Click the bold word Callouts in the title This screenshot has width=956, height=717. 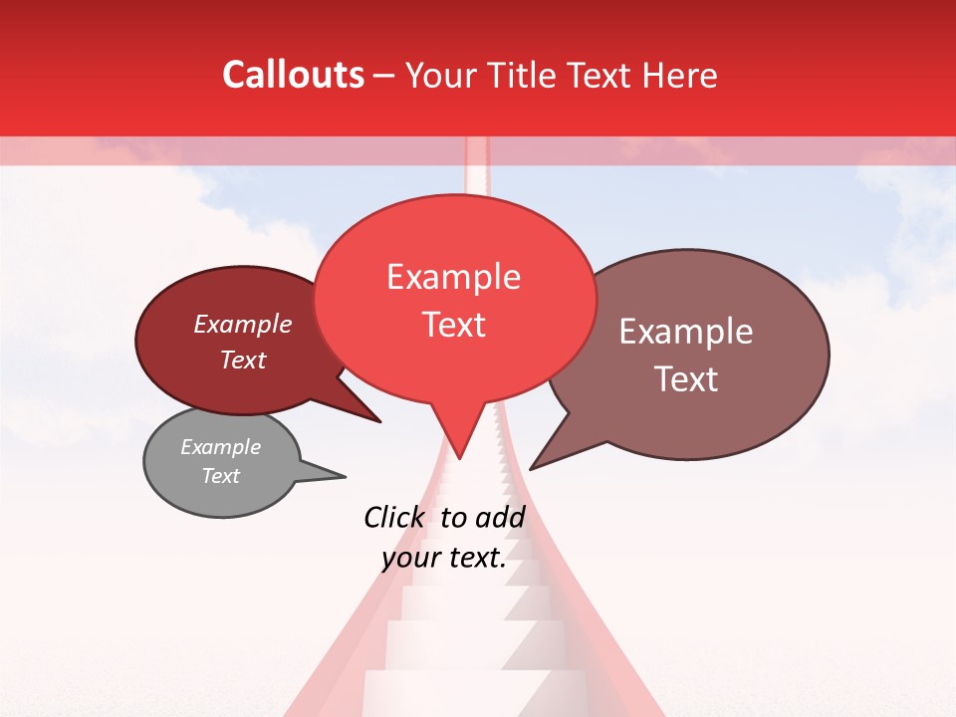293,75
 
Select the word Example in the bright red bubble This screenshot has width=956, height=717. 453,277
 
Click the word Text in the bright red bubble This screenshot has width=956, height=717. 453,325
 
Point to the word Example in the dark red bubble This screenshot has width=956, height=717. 243,324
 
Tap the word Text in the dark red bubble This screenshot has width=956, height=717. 243,359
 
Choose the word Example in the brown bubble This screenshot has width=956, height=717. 686,332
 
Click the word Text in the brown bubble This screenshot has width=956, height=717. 686,379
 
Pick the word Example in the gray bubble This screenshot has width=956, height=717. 220,447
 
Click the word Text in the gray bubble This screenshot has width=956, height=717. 220,476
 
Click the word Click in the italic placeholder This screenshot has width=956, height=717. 394,517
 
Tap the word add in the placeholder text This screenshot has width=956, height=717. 500,517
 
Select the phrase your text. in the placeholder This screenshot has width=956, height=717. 443,559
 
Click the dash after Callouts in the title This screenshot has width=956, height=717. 384,76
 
